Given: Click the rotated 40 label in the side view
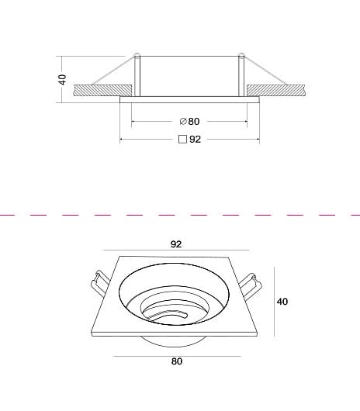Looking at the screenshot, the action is coord(63,80).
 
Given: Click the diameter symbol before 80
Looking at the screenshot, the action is coord(183,121).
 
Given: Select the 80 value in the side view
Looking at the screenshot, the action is coord(194,121).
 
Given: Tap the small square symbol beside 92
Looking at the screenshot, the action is coord(182,139).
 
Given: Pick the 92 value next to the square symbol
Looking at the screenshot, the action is coord(195,139).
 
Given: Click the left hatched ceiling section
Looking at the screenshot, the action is coord(102,90).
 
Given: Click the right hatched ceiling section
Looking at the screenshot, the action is coord(275,90).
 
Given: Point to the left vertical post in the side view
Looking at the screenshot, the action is coord(137,75).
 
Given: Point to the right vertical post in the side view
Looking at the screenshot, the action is coord(241,75).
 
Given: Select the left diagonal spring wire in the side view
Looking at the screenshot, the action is coord(113,71).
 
